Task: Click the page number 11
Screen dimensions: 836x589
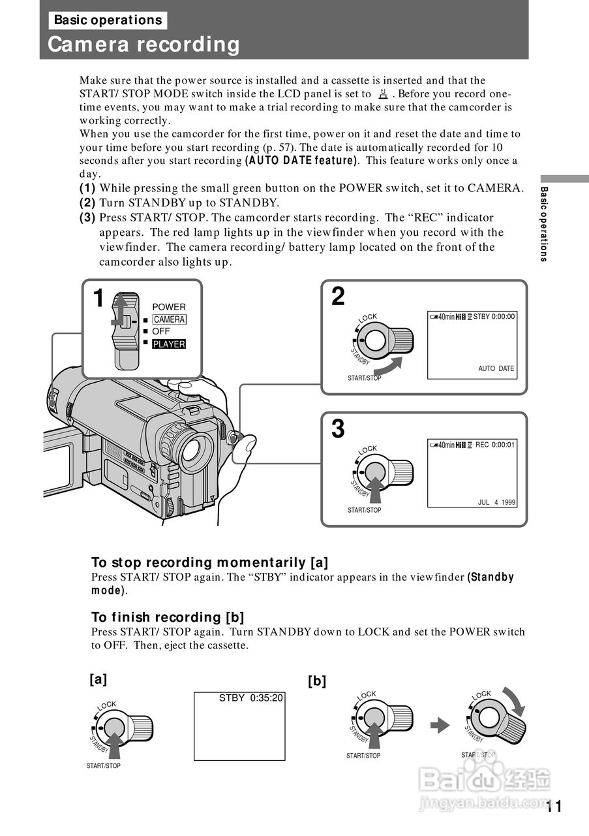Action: tap(554, 807)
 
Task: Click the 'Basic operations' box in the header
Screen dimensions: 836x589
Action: tap(108, 20)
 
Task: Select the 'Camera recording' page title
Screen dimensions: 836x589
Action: tap(144, 45)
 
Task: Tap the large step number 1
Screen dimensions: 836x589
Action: tap(98, 298)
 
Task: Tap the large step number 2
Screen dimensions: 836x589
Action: tap(338, 297)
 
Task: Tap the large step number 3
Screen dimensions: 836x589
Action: tap(338, 429)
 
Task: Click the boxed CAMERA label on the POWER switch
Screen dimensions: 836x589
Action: tap(169, 319)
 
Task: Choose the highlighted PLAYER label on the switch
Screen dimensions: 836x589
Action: tap(169, 344)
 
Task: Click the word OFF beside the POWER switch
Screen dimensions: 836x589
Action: tap(160, 331)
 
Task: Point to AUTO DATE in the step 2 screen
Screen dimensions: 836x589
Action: tap(496, 368)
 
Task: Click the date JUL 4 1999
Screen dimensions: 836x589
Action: tap(496, 503)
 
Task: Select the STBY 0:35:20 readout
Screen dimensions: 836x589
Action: tap(250, 698)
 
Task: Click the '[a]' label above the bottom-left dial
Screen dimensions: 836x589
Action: tap(98, 679)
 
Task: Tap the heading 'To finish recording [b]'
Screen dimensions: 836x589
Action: tap(168, 617)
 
